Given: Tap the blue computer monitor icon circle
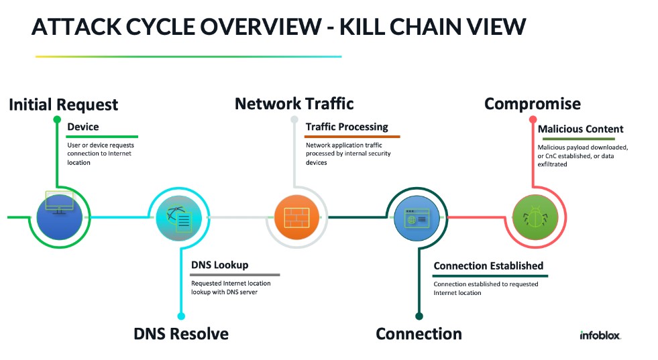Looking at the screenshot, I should coord(59,217).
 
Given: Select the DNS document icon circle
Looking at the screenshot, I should coord(178,217).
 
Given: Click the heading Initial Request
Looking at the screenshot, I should coord(63,105).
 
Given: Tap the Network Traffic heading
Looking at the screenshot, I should coord(294,104).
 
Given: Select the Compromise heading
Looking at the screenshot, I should coord(532,104).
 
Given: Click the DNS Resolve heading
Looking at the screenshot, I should coord(181,334).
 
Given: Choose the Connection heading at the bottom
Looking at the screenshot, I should coord(419,334).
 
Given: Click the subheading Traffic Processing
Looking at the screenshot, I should coord(346,127).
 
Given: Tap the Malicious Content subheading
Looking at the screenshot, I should coord(580,129).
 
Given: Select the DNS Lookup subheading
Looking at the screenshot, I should coord(219,265).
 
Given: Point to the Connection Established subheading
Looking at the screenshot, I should coord(488,266).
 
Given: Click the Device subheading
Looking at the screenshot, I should coord(83,127).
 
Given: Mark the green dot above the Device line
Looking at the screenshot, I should coord(57,120).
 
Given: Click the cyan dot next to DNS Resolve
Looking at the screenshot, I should coord(180,316).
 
